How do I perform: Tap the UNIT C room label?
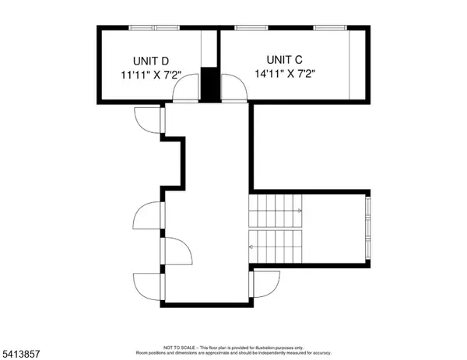(285, 59)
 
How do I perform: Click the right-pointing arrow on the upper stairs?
(299, 210)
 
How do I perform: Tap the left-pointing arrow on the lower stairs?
(251, 247)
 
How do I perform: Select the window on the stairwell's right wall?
(368, 226)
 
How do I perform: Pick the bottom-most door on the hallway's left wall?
(148, 285)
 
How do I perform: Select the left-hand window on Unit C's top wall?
(247, 28)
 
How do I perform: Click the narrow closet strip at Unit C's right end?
(356, 65)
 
